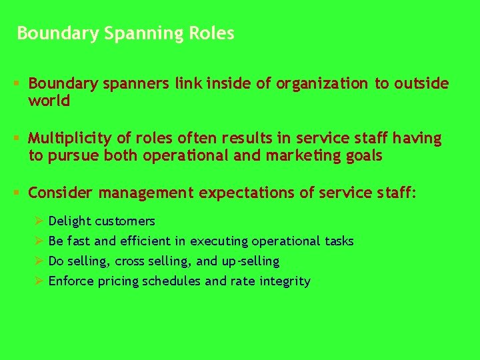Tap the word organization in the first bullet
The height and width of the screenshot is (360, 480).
[321, 83]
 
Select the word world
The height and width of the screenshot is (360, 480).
[49, 101]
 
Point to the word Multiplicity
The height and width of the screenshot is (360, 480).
[71, 139]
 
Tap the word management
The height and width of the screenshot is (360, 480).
[146, 193]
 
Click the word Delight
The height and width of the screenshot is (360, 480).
[70, 221]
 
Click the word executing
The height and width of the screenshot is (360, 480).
[219, 241]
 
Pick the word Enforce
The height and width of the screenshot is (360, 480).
[71, 281]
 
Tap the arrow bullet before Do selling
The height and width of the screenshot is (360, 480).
[39, 261]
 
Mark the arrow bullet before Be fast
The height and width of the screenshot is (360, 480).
[39, 241]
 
